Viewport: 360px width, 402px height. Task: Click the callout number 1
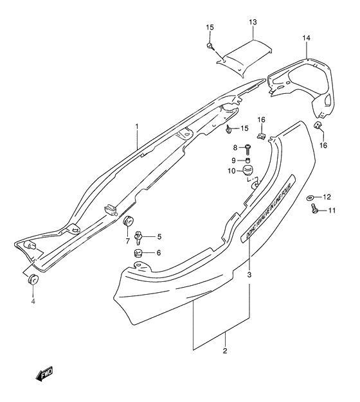pyautogui.click(x=136, y=127)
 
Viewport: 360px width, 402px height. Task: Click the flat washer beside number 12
pyautogui.click(x=310, y=197)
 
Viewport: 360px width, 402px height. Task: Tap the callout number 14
pyautogui.click(x=307, y=39)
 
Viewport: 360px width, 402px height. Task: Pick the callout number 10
pyautogui.click(x=231, y=171)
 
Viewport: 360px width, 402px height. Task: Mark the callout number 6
pyautogui.click(x=159, y=254)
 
